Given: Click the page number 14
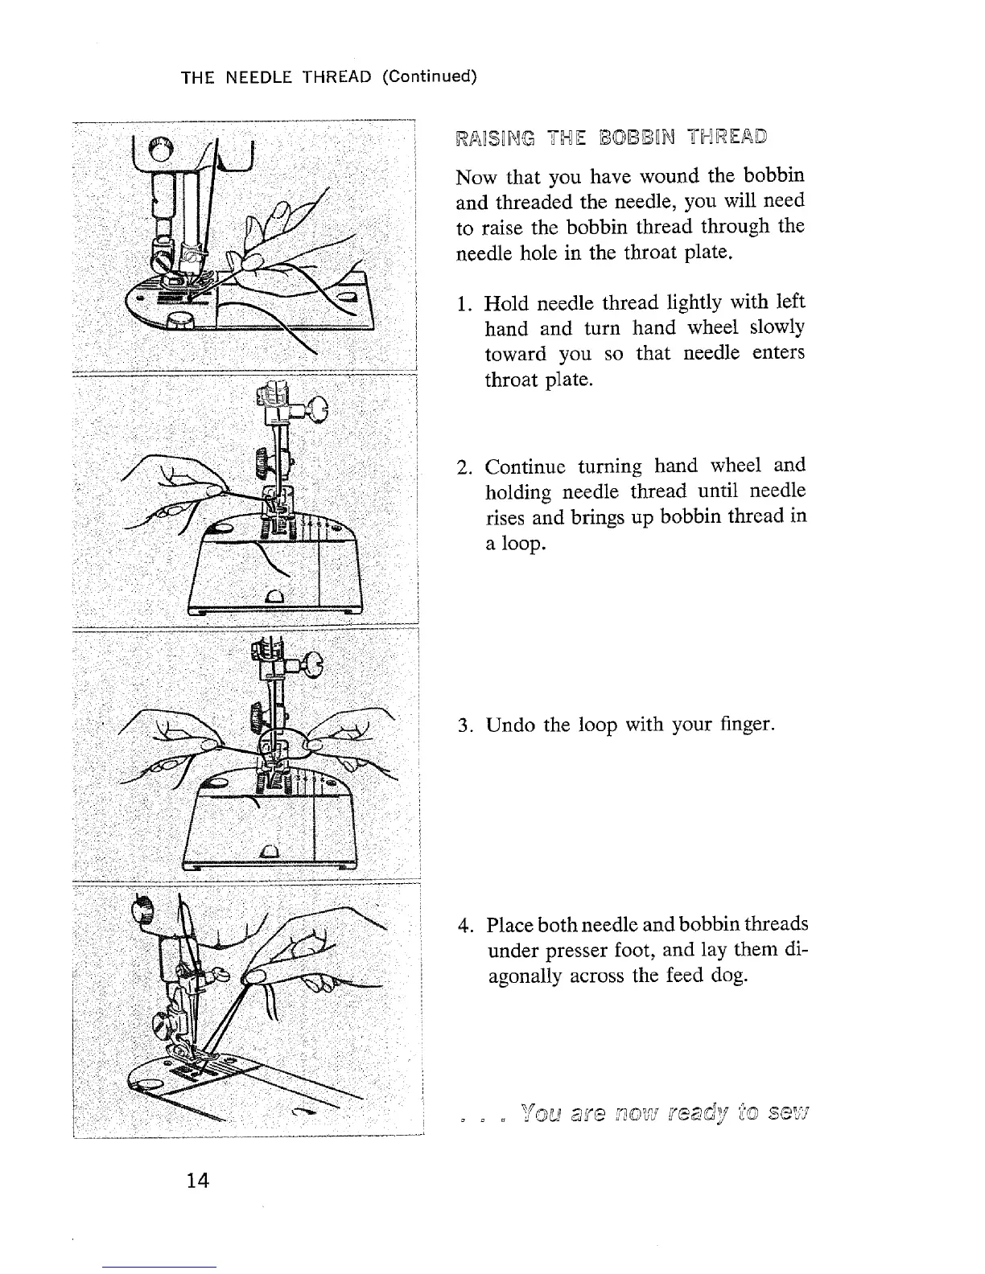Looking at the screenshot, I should (x=197, y=1180).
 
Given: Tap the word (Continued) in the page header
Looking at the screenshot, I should (x=429, y=76).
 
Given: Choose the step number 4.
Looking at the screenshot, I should (x=464, y=925).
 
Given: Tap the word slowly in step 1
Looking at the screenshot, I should (x=777, y=327).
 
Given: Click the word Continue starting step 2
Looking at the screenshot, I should (x=526, y=466).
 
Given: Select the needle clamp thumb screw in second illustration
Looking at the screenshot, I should (x=318, y=410).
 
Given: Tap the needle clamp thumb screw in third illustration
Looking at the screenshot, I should (x=312, y=665).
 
